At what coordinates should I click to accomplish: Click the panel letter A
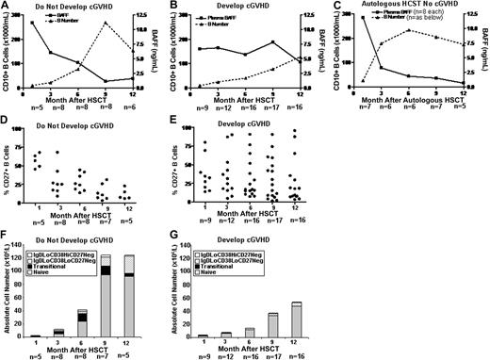tap(6, 6)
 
